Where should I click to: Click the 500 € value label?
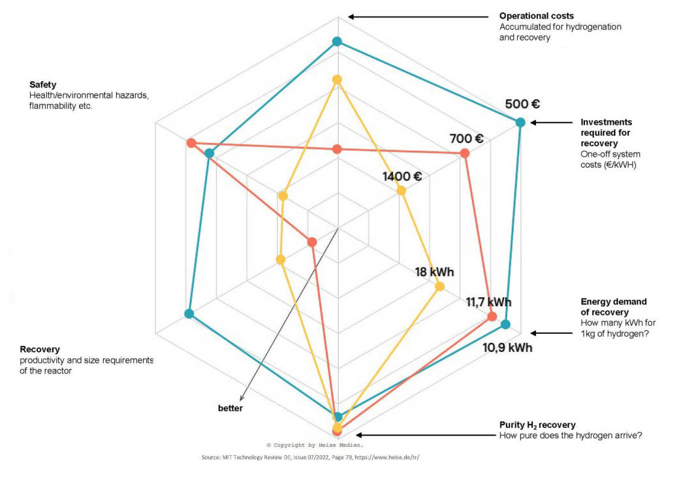522,104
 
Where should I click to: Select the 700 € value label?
466,138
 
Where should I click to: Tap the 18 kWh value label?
434,272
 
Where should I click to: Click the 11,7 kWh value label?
488,302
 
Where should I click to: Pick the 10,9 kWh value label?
507,347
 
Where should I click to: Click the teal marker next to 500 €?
520,122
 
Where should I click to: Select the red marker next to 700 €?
464,153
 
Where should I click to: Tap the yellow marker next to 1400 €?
401,191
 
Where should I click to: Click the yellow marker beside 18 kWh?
439,286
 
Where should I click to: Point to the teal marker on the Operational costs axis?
337,42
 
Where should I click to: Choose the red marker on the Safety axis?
191,143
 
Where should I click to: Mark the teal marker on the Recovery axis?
189,313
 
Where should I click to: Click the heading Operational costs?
537,16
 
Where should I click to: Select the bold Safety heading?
43,85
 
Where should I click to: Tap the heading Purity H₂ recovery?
537,425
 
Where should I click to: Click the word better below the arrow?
230,408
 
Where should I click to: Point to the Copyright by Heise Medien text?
315,445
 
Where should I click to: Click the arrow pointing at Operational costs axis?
418,16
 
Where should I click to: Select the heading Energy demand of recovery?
613,307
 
